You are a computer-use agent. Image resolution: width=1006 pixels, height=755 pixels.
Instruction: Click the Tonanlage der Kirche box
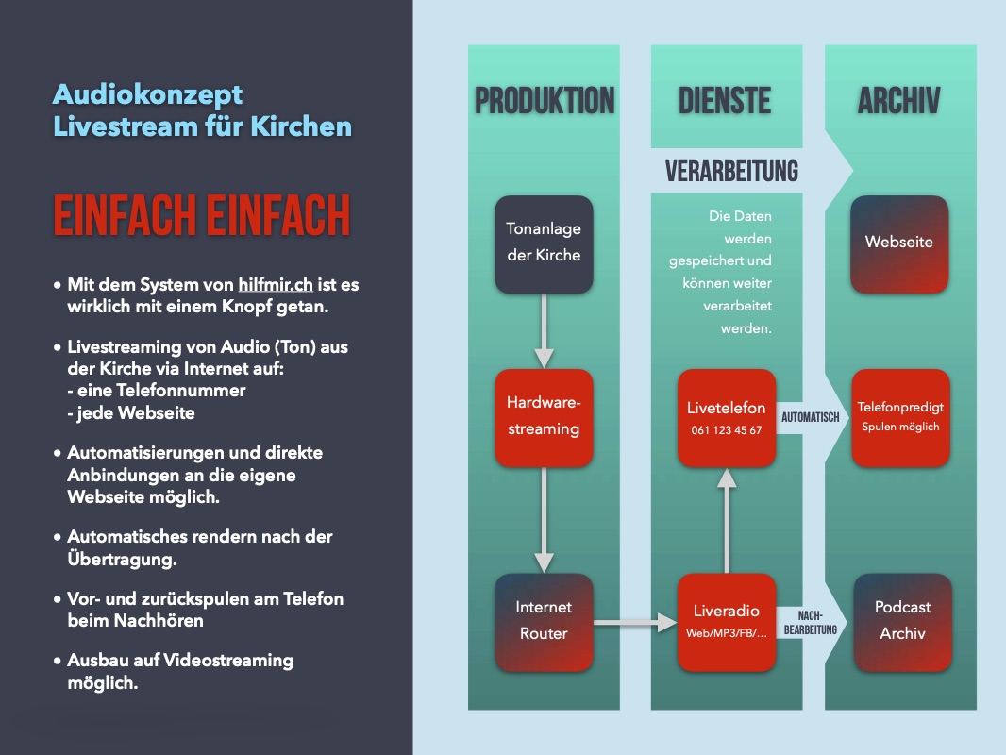point(544,243)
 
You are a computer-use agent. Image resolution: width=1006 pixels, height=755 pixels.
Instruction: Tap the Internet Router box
point(544,621)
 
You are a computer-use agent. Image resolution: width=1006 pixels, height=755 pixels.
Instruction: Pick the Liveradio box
point(726,621)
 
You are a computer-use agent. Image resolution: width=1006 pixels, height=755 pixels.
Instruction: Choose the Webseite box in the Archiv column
point(899,243)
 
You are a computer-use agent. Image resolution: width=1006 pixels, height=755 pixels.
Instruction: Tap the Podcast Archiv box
point(899,621)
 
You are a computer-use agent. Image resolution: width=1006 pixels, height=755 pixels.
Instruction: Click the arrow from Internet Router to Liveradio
point(635,622)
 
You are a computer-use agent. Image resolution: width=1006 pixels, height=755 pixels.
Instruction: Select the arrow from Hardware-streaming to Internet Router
point(544,519)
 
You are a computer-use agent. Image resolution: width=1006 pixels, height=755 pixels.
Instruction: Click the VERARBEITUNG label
point(731,171)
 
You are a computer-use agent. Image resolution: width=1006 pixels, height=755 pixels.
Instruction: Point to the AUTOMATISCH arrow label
point(810,417)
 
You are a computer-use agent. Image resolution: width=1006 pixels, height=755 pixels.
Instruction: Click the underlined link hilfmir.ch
point(276,283)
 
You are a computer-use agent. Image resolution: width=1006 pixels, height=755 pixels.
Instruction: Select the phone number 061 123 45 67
point(725,430)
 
